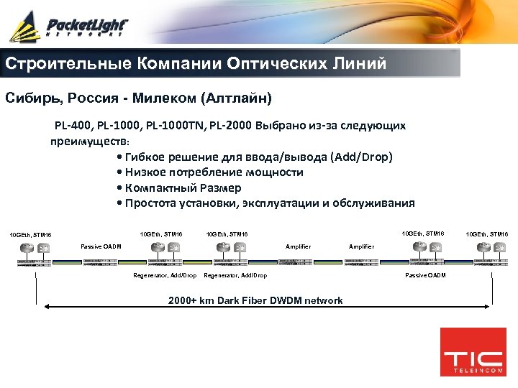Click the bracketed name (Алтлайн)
tap(237, 96)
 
